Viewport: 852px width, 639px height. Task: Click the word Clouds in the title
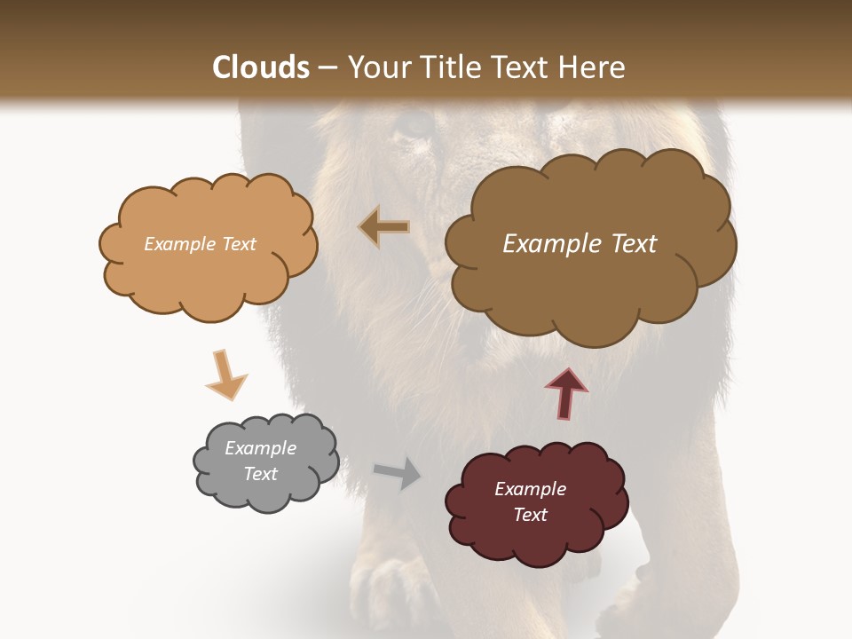tap(261, 67)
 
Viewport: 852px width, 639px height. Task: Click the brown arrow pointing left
tap(384, 227)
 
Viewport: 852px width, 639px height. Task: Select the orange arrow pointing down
tap(225, 375)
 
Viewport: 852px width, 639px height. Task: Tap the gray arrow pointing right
tap(398, 472)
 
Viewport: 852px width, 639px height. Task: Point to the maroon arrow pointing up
tap(566, 392)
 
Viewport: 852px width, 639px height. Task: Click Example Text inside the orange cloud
tap(200, 244)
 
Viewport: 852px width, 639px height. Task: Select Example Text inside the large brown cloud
tap(580, 244)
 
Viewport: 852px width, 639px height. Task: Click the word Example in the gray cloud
tap(260, 448)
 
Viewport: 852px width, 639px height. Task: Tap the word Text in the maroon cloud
tap(530, 515)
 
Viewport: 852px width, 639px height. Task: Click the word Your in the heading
tap(374, 67)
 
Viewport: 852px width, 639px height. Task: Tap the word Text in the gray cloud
tap(260, 474)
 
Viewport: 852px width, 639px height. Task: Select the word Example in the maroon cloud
tap(530, 489)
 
